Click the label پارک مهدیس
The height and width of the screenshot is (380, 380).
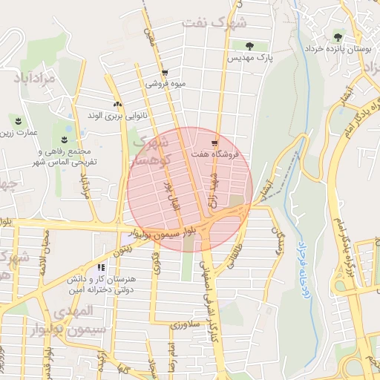coord(250,57)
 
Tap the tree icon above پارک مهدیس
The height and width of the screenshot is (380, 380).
coord(249,46)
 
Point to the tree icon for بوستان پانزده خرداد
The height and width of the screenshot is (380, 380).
coord(338,36)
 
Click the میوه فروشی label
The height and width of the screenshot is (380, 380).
coord(165,84)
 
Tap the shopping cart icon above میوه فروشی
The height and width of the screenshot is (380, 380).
coord(164,73)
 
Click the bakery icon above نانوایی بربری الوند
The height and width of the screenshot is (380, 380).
coord(117,105)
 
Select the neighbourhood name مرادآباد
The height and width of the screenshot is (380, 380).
coord(35,76)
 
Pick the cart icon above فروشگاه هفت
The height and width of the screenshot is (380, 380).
coord(214,142)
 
